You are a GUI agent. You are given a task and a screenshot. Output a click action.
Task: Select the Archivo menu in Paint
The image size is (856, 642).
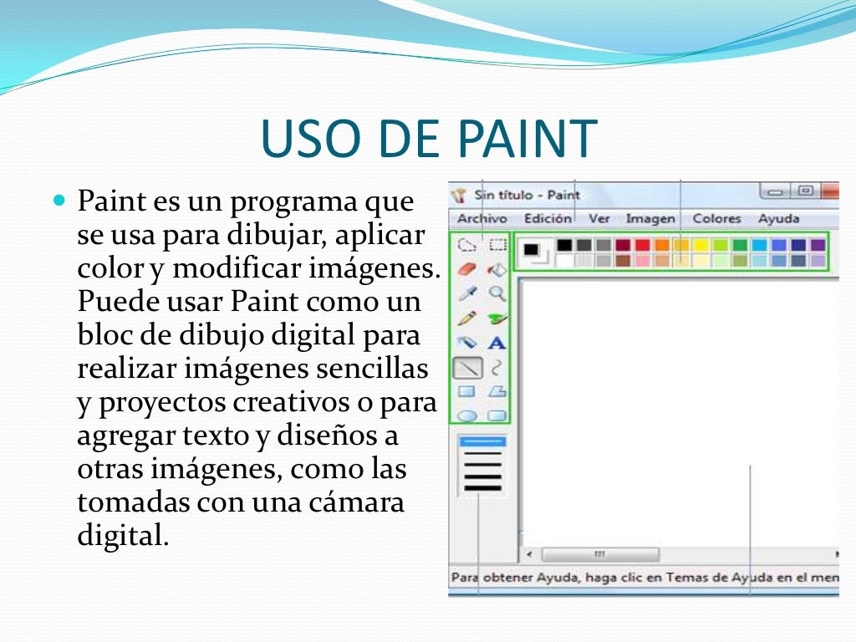tap(481, 219)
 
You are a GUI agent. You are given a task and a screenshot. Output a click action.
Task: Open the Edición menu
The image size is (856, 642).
tap(548, 219)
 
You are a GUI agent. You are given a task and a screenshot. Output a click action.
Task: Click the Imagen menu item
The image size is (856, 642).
tap(650, 219)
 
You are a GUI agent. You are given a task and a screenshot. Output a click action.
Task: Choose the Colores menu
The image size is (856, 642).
tap(716, 219)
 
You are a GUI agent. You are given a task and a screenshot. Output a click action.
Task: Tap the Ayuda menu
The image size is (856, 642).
tap(778, 219)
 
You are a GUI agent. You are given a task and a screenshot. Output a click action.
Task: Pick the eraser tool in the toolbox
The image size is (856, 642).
tap(467, 269)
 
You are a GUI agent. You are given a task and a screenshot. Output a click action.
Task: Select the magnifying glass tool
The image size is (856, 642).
tap(497, 293)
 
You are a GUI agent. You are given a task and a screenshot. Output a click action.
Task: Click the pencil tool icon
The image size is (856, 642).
tap(467, 318)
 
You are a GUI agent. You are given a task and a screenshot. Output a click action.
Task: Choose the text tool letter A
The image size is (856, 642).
tap(497, 343)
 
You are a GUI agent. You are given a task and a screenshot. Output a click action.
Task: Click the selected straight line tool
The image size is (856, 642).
tap(467, 367)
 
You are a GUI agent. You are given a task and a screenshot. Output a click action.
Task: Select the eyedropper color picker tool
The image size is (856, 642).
tap(467, 293)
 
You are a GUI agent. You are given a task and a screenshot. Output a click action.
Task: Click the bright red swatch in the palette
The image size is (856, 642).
tap(642, 245)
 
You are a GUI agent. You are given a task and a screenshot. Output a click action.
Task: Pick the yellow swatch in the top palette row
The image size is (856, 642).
tap(701, 245)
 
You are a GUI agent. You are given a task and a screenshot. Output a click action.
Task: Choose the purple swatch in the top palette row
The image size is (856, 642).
tap(818, 245)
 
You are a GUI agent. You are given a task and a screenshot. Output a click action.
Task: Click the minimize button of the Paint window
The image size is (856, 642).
tap(775, 191)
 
